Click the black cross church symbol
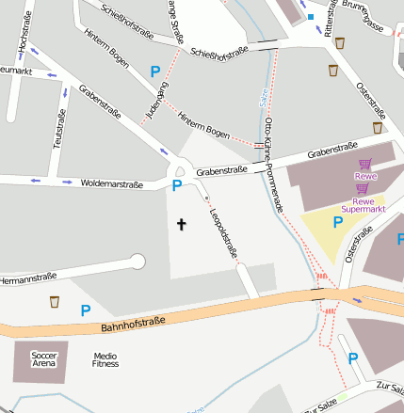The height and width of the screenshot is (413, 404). click(182, 224)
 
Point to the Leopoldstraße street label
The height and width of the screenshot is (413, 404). click(222, 232)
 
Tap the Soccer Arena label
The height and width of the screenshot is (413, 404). click(44, 358)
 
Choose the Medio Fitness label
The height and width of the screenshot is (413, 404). click(105, 359)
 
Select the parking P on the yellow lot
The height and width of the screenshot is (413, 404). click(338, 222)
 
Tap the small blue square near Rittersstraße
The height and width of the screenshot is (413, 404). click(310, 17)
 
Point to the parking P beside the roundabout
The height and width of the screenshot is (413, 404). click(176, 186)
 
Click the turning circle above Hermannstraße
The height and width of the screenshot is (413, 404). click(137, 262)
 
